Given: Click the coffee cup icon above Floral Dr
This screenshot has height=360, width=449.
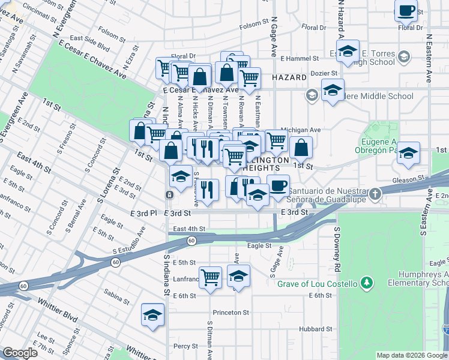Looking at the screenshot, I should (x=406, y=11).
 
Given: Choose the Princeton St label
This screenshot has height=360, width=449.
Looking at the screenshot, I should (x=231, y=313).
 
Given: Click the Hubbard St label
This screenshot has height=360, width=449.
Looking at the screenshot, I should (x=316, y=329).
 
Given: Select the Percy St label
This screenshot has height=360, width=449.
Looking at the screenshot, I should (x=185, y=346).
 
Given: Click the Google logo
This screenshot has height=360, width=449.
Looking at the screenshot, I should (x=20, y=353).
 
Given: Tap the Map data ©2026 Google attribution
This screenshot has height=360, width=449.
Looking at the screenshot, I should (x=412, y=355).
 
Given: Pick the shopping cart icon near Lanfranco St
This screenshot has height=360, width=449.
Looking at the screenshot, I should (x=211, y=277).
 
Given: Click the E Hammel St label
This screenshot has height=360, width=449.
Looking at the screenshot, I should (x=300, y=58).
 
